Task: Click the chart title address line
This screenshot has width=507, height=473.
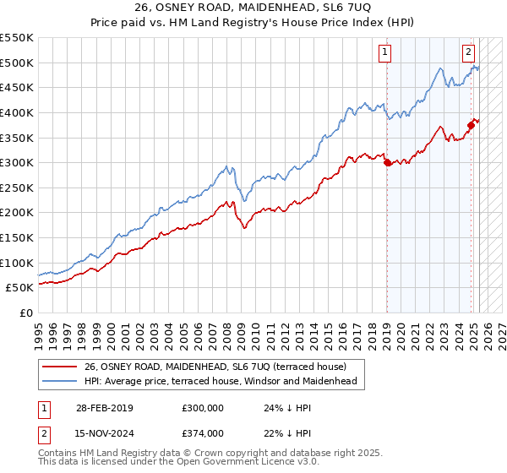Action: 253,8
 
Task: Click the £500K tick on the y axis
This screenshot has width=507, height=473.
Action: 18,63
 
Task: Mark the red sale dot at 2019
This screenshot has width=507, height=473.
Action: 387,163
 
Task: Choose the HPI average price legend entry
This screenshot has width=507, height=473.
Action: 220,381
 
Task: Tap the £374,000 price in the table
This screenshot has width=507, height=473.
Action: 202,432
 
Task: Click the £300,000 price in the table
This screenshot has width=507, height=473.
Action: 202,407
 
